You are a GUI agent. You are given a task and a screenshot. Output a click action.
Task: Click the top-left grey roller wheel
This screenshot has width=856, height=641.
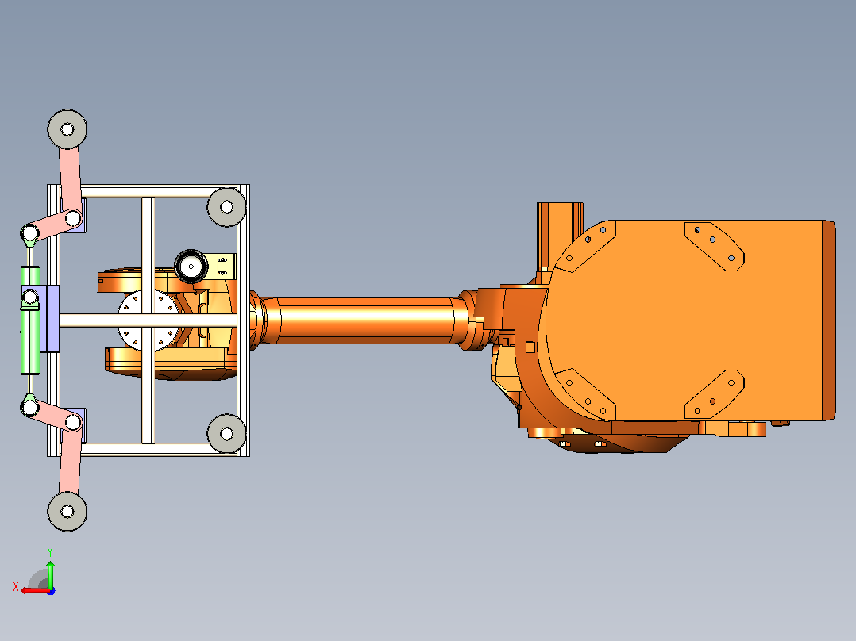67,129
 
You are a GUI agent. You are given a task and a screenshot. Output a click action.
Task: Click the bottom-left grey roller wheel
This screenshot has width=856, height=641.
67,511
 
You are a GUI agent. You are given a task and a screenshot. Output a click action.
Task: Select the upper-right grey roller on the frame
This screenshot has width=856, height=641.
226,207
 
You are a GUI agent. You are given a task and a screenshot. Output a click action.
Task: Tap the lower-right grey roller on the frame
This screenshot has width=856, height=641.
226,433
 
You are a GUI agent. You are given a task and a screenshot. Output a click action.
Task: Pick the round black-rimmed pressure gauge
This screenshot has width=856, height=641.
191,267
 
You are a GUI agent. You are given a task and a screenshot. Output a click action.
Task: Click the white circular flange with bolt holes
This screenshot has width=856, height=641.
148,320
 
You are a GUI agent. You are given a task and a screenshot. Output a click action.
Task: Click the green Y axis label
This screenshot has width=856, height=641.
50,551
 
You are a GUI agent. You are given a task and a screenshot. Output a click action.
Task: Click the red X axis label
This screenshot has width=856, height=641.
16,586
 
